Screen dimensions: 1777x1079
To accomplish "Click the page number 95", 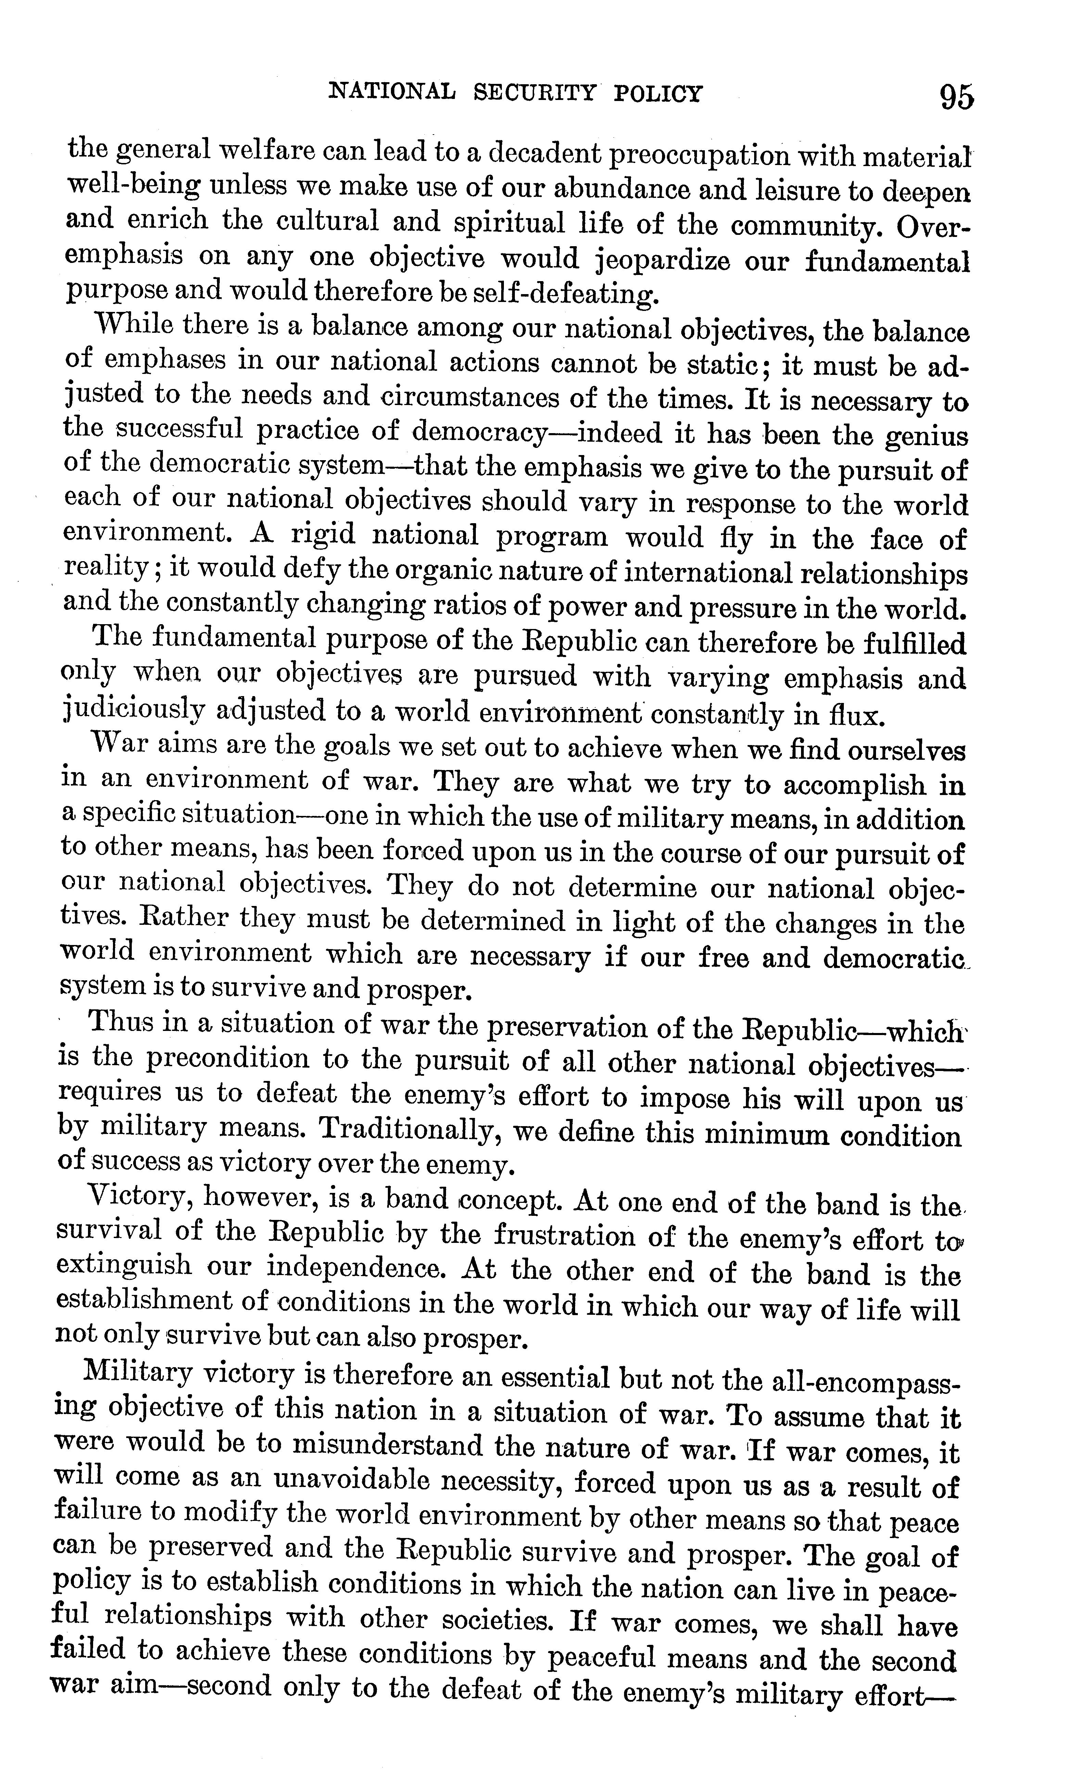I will click(956, 96).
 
